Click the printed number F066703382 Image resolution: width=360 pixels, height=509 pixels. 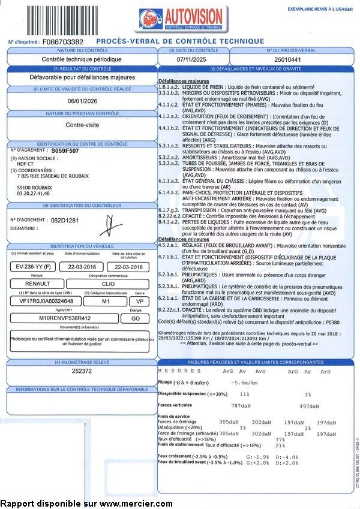pos(63,42)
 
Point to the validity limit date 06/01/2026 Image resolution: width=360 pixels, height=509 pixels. pos(82,101)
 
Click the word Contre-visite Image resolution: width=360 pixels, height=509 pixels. pos(82,126)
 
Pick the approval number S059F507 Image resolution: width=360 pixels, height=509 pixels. pos(65,152)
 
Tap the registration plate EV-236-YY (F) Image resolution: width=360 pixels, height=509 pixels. pos(34,267)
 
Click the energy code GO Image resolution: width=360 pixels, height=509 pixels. pos(136,319)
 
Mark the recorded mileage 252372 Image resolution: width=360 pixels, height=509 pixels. pos(82,371)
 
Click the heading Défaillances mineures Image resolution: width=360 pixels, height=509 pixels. pos(183,239)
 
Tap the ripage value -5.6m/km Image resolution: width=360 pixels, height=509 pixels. pos(246,382)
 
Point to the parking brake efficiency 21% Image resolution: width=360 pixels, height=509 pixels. pos(280,445)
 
